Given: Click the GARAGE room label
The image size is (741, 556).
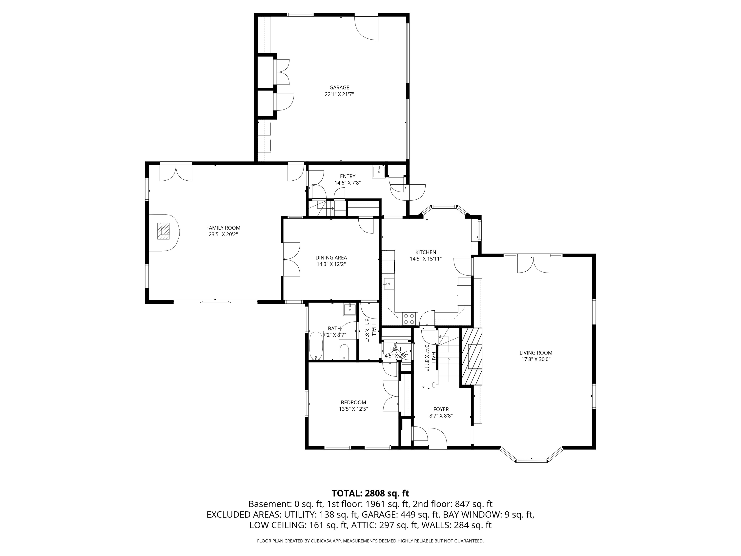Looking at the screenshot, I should [339, 87].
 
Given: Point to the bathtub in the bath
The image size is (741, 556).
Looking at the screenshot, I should [316, 345].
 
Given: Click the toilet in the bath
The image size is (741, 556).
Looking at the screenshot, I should [344, 352].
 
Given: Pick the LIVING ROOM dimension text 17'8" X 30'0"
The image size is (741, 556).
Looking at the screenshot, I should [536, 359].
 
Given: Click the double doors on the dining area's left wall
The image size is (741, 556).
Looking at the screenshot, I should [291, 259].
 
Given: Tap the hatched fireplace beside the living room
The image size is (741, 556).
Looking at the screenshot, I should [472, 356].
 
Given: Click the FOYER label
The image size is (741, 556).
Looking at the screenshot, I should [441, 409].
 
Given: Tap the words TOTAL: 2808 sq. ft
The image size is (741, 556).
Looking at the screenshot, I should [370, 493].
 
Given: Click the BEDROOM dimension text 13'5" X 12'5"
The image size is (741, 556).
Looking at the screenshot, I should [353, 409].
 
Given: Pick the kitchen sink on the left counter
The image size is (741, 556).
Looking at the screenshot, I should [389, 283].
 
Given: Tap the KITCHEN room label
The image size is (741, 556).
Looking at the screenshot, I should [425, 252].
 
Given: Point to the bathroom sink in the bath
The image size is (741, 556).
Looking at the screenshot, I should [350, 309].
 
